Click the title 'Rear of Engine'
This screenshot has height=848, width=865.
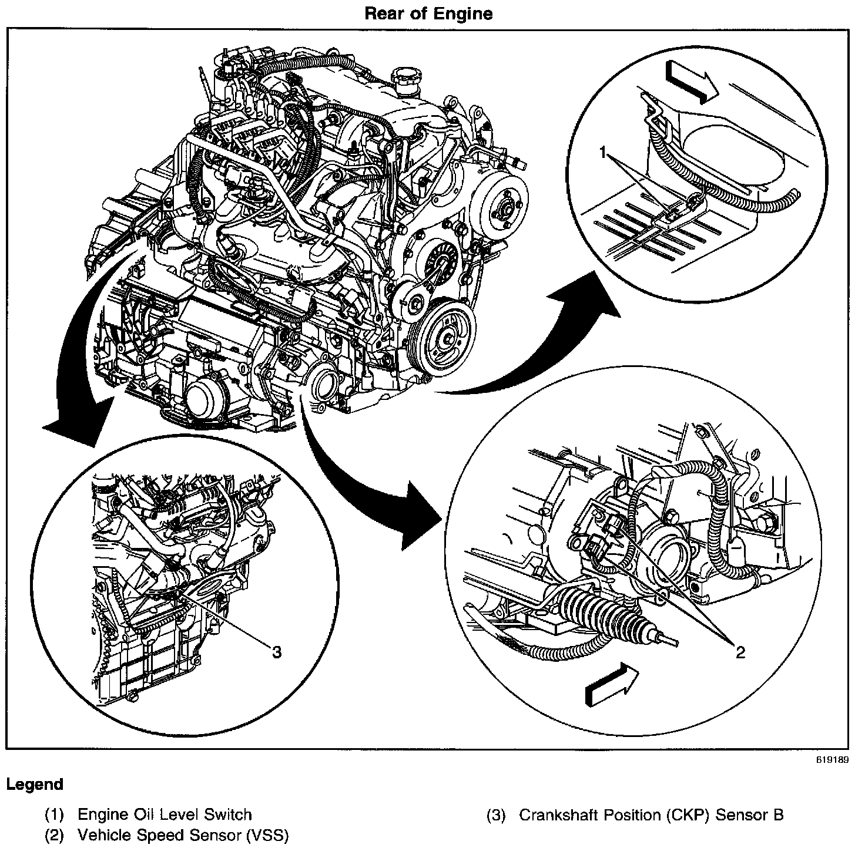(428, 14)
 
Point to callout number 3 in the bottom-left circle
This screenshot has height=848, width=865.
(276, 651)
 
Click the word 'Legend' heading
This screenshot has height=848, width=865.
(35, 784)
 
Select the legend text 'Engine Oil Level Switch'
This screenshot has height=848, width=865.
(165, 815)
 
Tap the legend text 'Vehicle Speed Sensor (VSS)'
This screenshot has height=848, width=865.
(183, 835)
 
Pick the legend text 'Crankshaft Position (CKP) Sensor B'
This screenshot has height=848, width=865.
(651, 815)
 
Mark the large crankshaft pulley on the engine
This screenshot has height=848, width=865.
(450, 338)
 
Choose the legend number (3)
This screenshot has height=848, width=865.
(496, 815)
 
